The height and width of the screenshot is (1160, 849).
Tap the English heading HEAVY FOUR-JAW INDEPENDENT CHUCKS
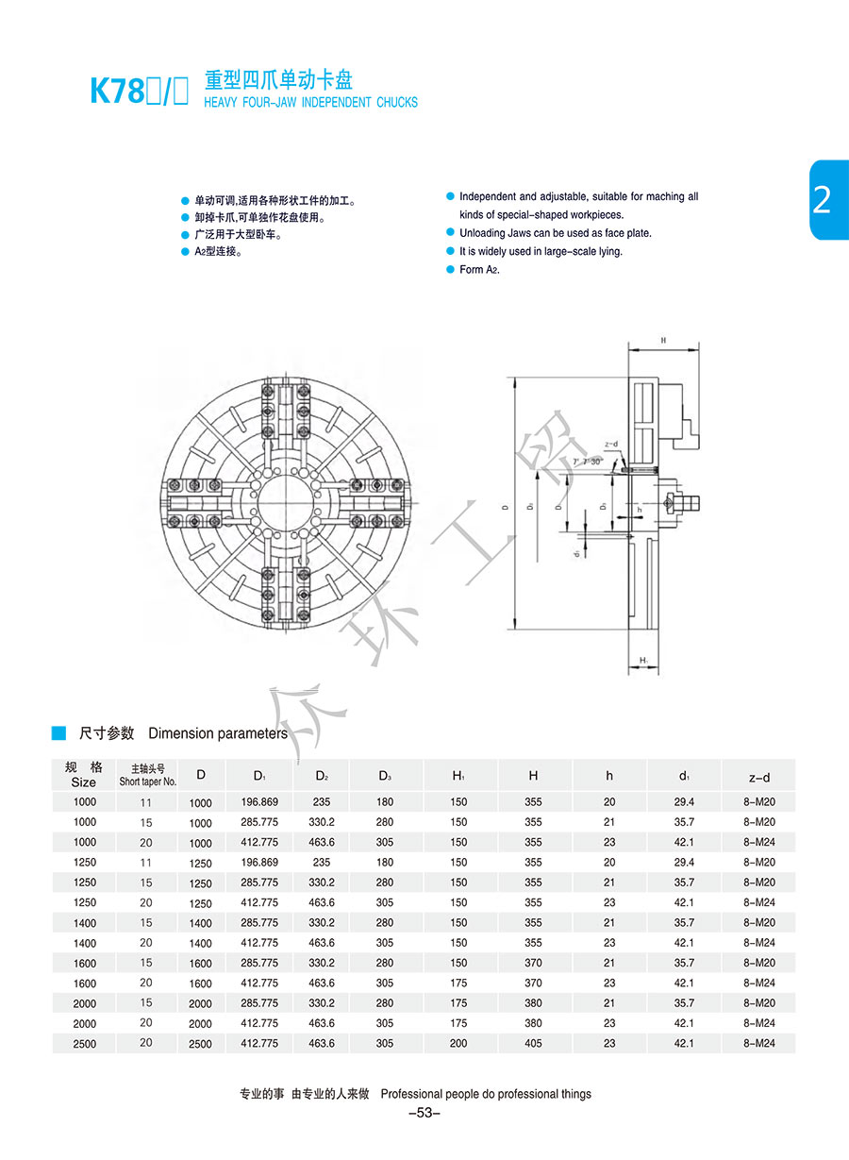(x=310, y=102)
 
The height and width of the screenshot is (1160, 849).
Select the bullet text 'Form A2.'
(x=479, y=270)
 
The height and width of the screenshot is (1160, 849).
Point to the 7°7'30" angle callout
(x=587, y=462)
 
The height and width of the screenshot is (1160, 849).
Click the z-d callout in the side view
(x=610, y=445)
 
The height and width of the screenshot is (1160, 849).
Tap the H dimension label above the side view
(x=664, y=340)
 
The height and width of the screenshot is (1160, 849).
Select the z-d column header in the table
(x=758, y=777)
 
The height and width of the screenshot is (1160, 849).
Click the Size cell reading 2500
(x=85, y=1043)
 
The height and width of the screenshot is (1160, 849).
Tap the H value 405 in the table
(x=533, y=1043)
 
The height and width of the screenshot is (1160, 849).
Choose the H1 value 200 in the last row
(x=458, y=1043)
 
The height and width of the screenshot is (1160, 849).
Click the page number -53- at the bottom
(x=424, y=1114)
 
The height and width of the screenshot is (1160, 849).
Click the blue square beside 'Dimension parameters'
(x=58, y=733)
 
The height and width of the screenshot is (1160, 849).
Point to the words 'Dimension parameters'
(x=218, y=733)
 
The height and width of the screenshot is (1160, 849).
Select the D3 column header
(x=385, y=776)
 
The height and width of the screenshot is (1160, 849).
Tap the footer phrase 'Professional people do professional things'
(x=486, y=1094)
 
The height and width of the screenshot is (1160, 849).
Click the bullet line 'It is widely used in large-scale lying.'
(x=541, y=251)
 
